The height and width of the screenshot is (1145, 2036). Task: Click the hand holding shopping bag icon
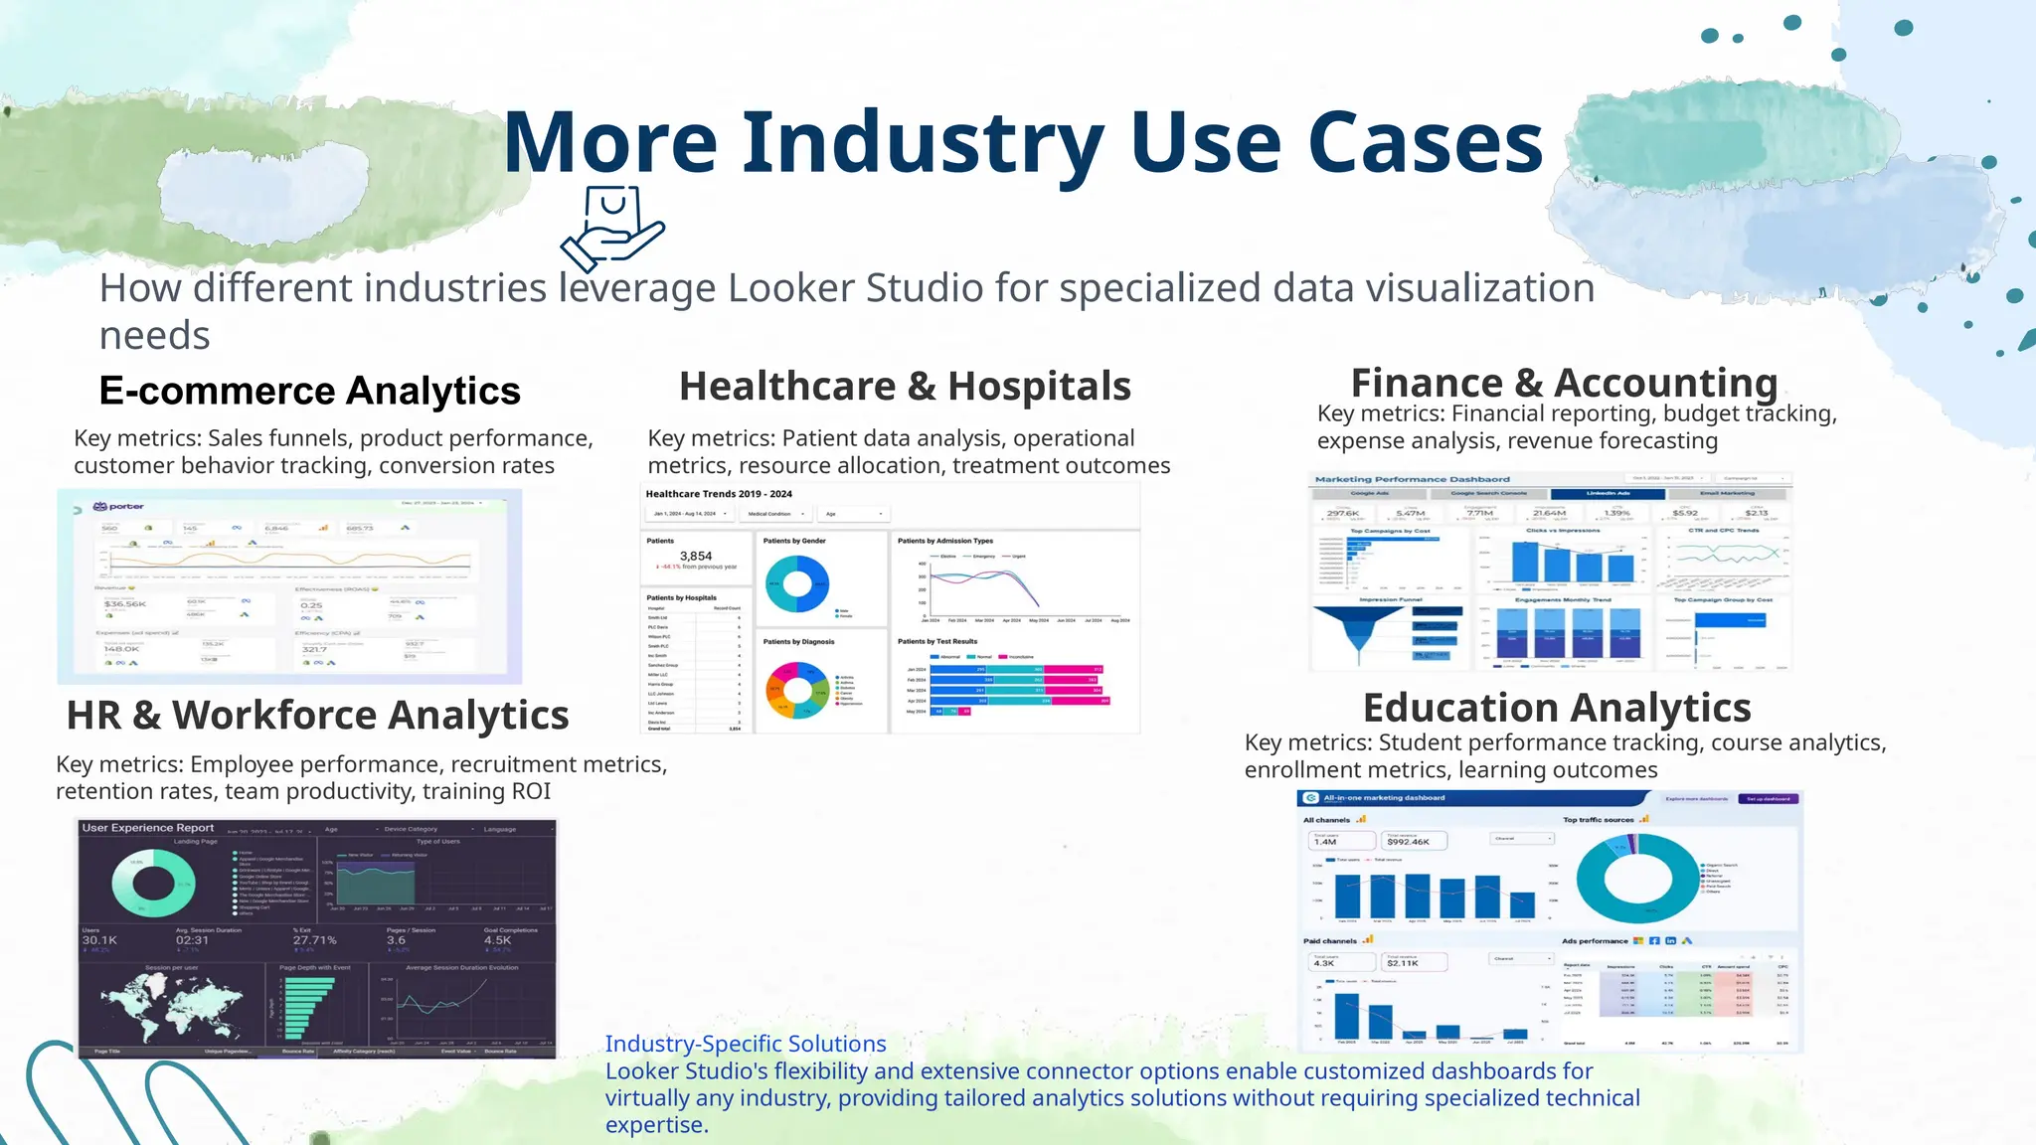click(x=612, y=229)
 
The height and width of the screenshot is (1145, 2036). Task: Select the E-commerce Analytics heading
click(x=309, y=391)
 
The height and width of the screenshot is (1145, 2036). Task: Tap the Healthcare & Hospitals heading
click(x=905, y=386)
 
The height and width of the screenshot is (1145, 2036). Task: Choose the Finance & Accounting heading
click(x=1564, y=383)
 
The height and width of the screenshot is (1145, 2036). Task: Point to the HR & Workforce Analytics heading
click(x=317, y=715)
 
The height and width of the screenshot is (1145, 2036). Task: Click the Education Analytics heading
click(x=1557, y=708)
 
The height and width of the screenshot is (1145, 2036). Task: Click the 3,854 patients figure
click(x=696, y=557)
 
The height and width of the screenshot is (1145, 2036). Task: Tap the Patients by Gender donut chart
click(x=797, y=583)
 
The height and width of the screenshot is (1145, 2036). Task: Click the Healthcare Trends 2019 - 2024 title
click(x=719, y=494)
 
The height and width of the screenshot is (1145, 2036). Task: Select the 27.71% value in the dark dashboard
click(x=314, y=940)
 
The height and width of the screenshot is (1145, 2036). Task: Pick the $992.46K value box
click(x=1415, y=841)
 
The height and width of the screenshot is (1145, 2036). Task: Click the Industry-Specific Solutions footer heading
click(x=746, y=1044)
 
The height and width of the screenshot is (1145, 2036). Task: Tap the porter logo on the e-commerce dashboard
click(x=119, y=507)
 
